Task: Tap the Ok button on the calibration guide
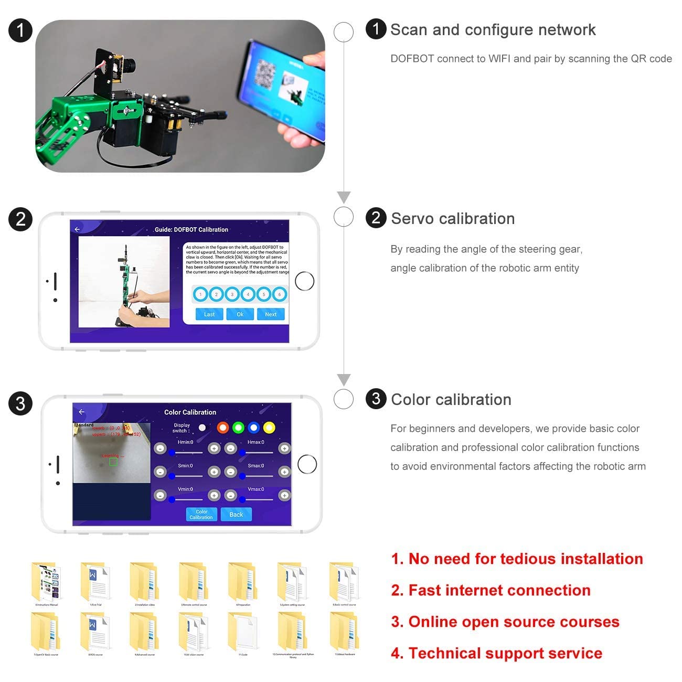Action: pyautogui.click(x=240, y=314)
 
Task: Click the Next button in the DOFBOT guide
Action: pyautogui.click(x=271, y=314)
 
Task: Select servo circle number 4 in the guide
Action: pyautogui.click(x=248, y=294)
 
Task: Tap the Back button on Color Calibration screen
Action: pyautogui.click(x=236, y=515)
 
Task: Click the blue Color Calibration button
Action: pyautogui.click(x=201, y=515)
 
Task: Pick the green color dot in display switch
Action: pyautogui.click(x=238, y=428)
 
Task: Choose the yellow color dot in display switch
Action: pyautogui.click(x=269, y=428)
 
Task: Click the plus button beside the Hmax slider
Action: pyautogui.click(x=284, y=448)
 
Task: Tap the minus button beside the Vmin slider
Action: pyautogui.click(x=160, y=495)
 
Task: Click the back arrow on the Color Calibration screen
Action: pyautogui.click(x=81, y=412)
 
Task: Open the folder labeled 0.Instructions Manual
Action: pyautogui.click(x=47, y=582)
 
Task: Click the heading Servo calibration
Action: pyautogui.click(x=452, y=219)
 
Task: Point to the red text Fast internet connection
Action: pyautogui.click(x=499, y=590)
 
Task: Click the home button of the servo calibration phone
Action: pyautogui.click(x=304, y=281)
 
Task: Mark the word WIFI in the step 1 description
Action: pyautogui.click(x=499, y=59)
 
